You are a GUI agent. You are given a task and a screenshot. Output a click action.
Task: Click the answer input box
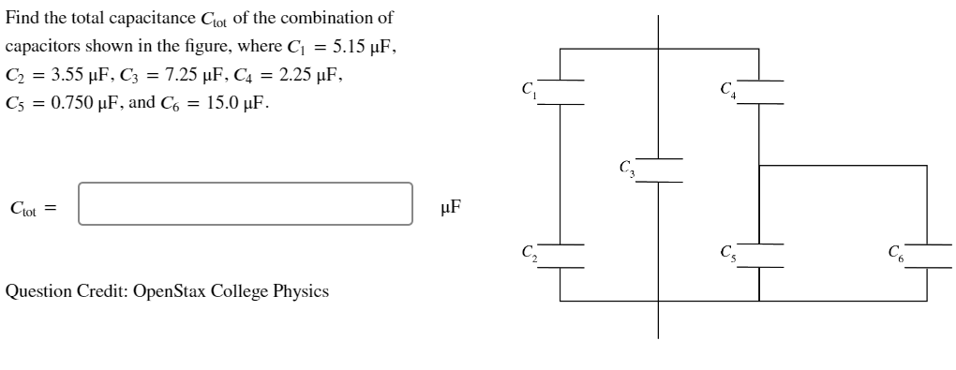coord(245,204)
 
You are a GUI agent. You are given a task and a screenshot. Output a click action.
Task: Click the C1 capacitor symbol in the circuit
coord(560,92)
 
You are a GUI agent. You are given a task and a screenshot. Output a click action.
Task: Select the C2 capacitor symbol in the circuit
coord(560,256)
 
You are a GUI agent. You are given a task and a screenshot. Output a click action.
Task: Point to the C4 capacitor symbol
coord(758,92)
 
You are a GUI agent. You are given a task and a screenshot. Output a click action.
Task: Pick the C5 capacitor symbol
coord(758,256)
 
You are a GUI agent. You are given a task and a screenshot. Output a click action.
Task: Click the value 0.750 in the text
coord(74,102)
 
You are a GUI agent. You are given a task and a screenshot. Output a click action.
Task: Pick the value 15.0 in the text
coord(219,102)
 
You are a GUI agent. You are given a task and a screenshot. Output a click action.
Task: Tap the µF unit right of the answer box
coord(450,206)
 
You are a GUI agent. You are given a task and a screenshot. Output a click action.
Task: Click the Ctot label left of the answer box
coord(24,206)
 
